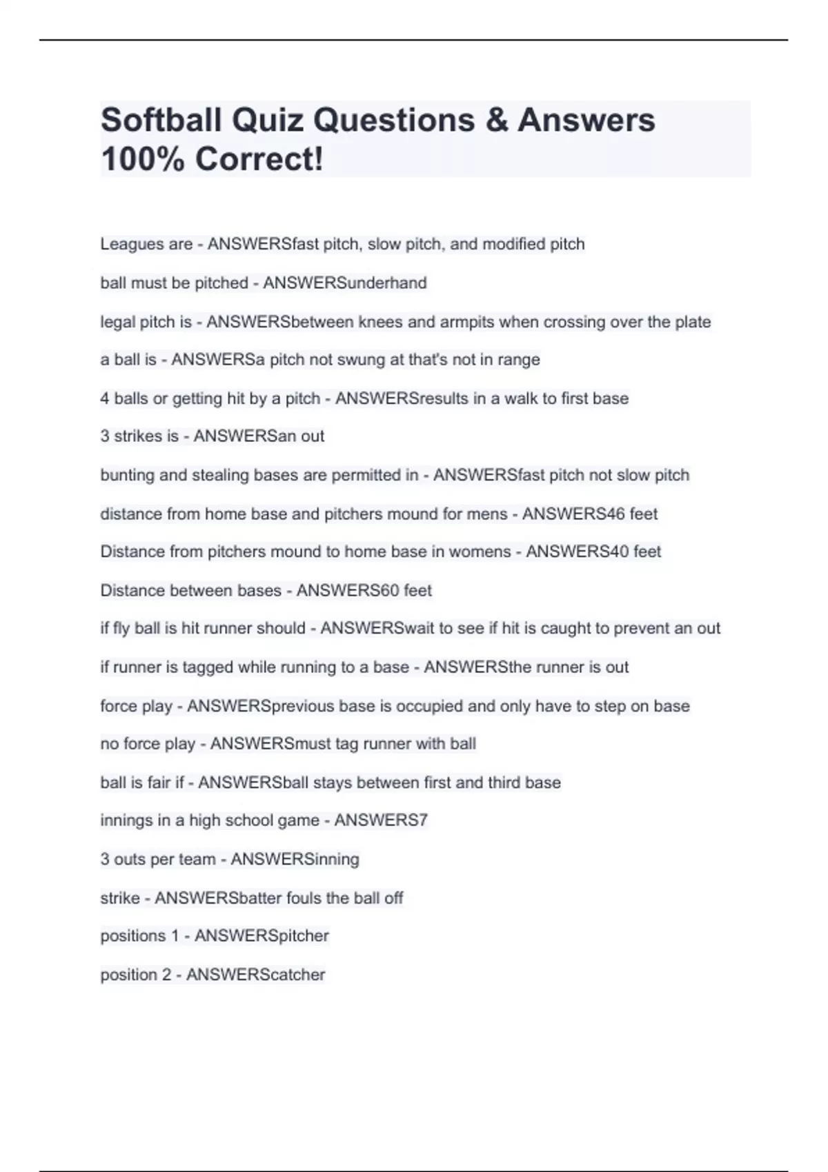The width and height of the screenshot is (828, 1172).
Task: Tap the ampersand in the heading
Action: coord(496,120)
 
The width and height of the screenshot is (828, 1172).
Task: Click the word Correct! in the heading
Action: coord(259,159)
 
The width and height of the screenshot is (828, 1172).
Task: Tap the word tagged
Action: coord(207,667)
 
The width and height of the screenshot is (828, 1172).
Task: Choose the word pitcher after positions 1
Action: coord(303,936)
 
